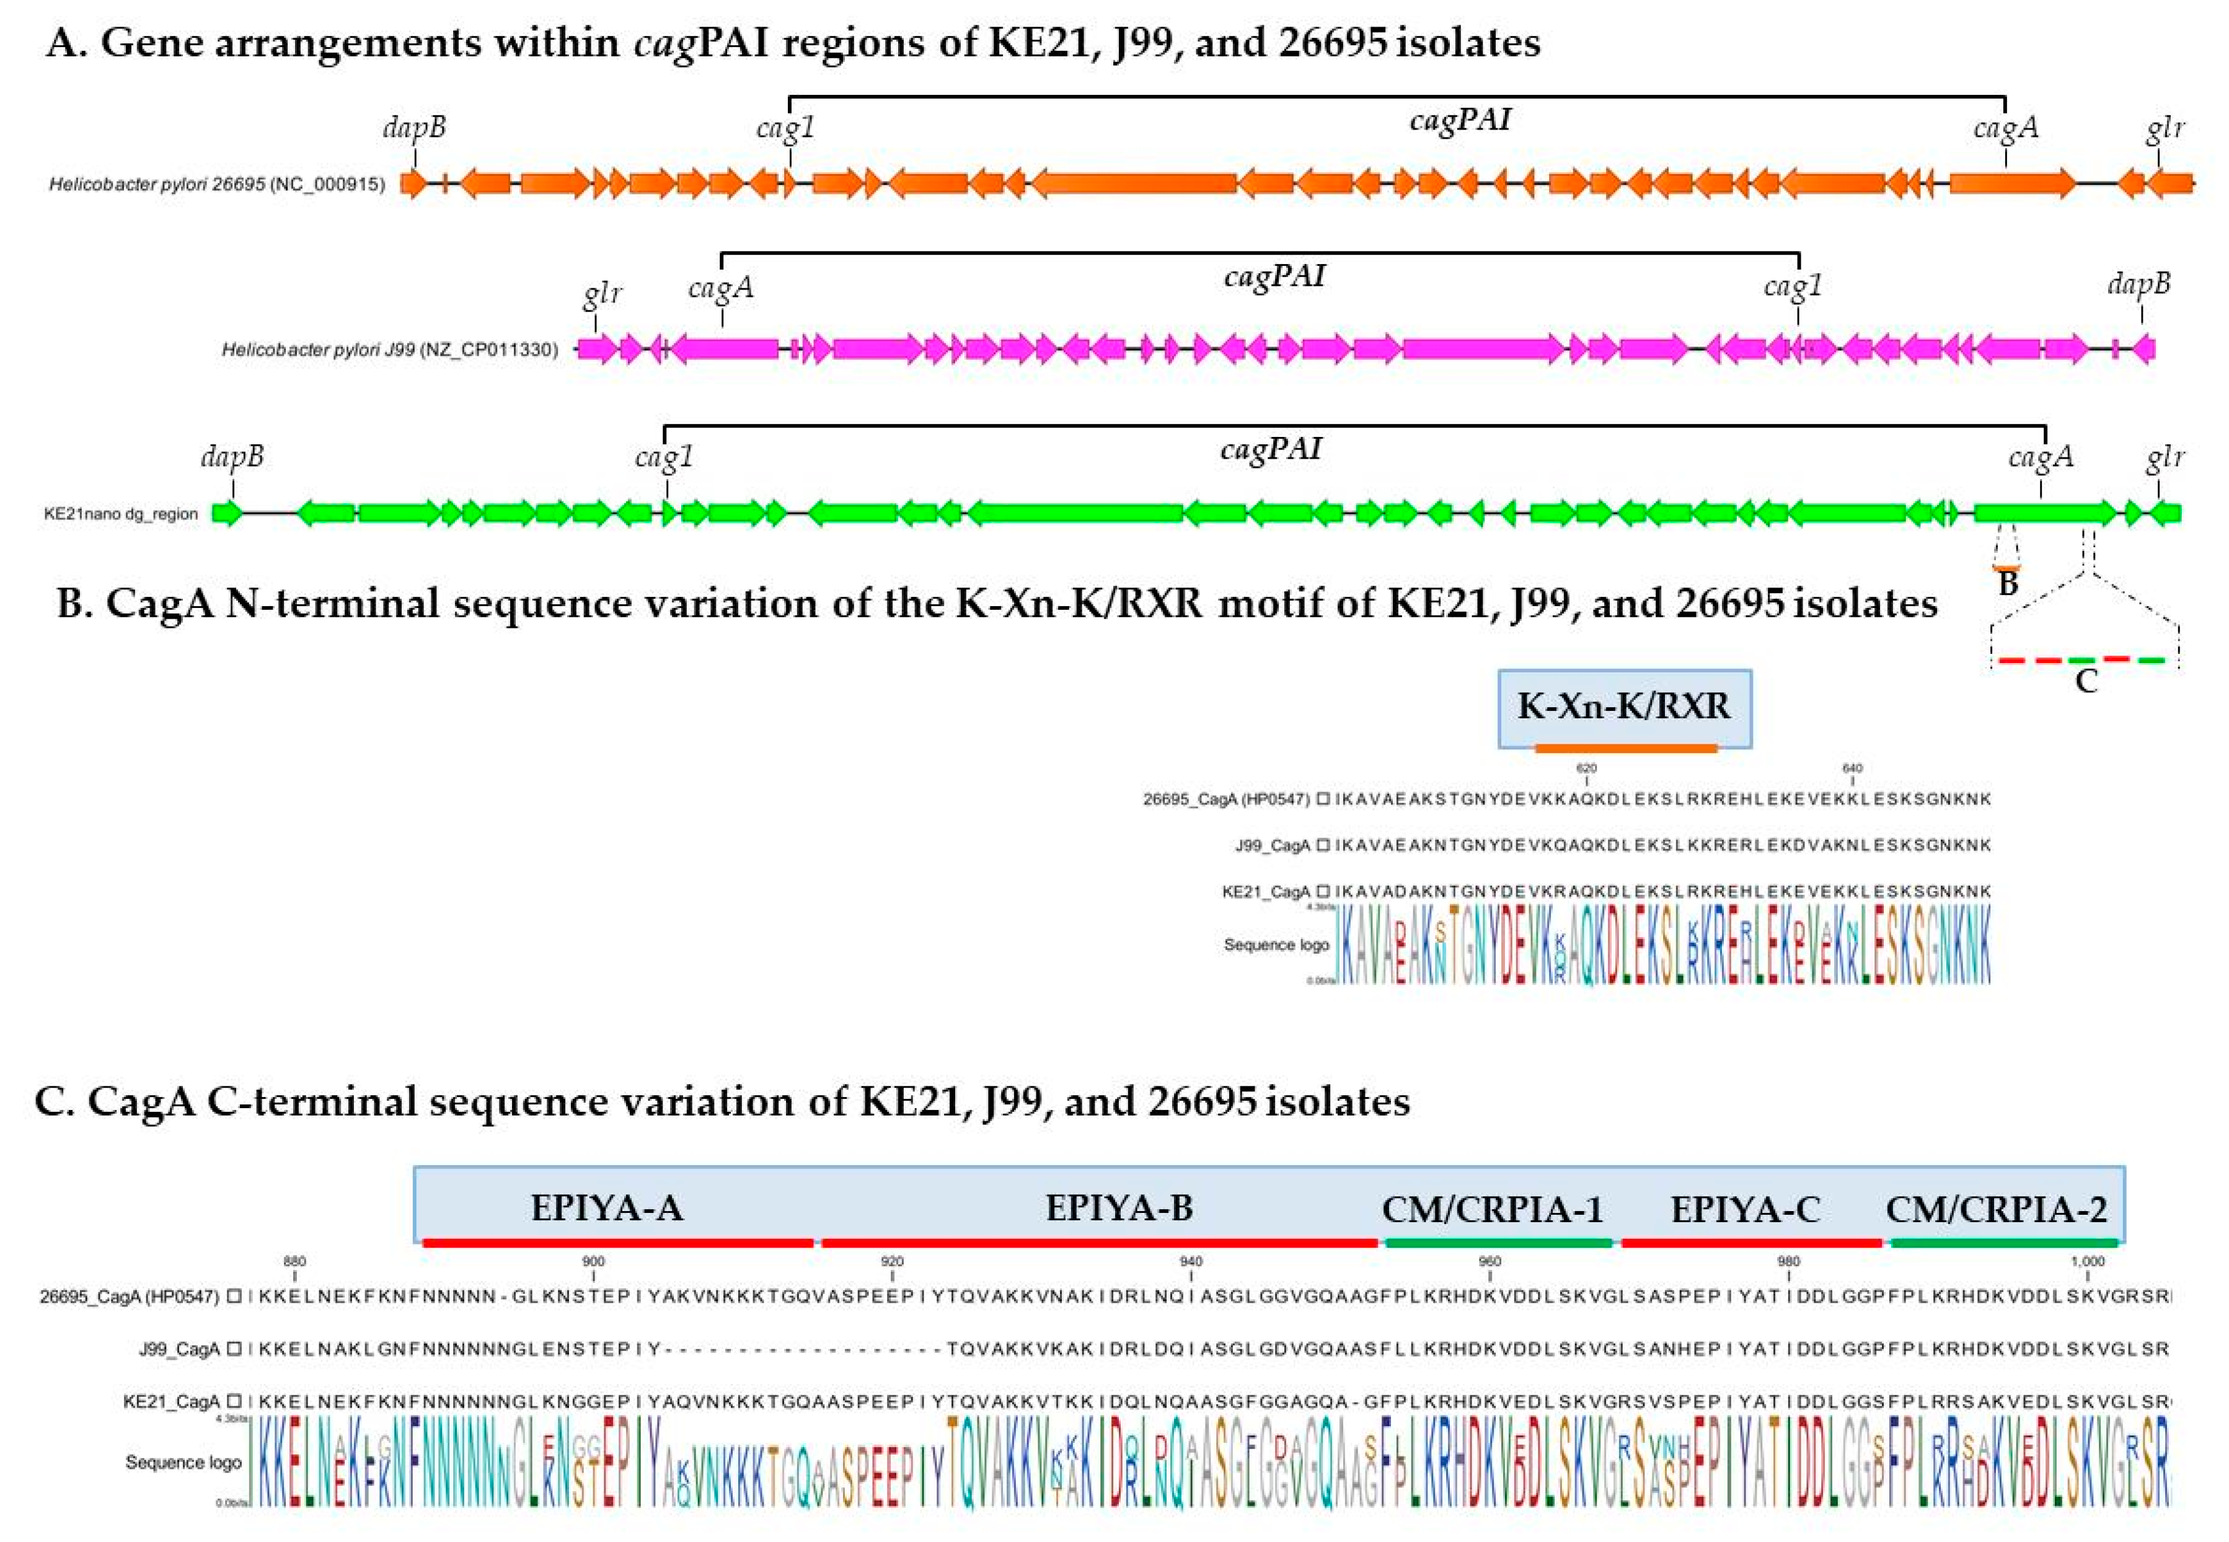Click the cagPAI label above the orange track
1459,120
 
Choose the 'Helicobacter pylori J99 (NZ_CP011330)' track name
389,350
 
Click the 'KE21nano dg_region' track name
121,514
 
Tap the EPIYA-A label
607,1209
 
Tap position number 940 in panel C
1191,1262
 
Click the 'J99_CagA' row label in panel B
1273,845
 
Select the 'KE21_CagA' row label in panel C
172,1401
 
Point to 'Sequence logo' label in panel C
183,1463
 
